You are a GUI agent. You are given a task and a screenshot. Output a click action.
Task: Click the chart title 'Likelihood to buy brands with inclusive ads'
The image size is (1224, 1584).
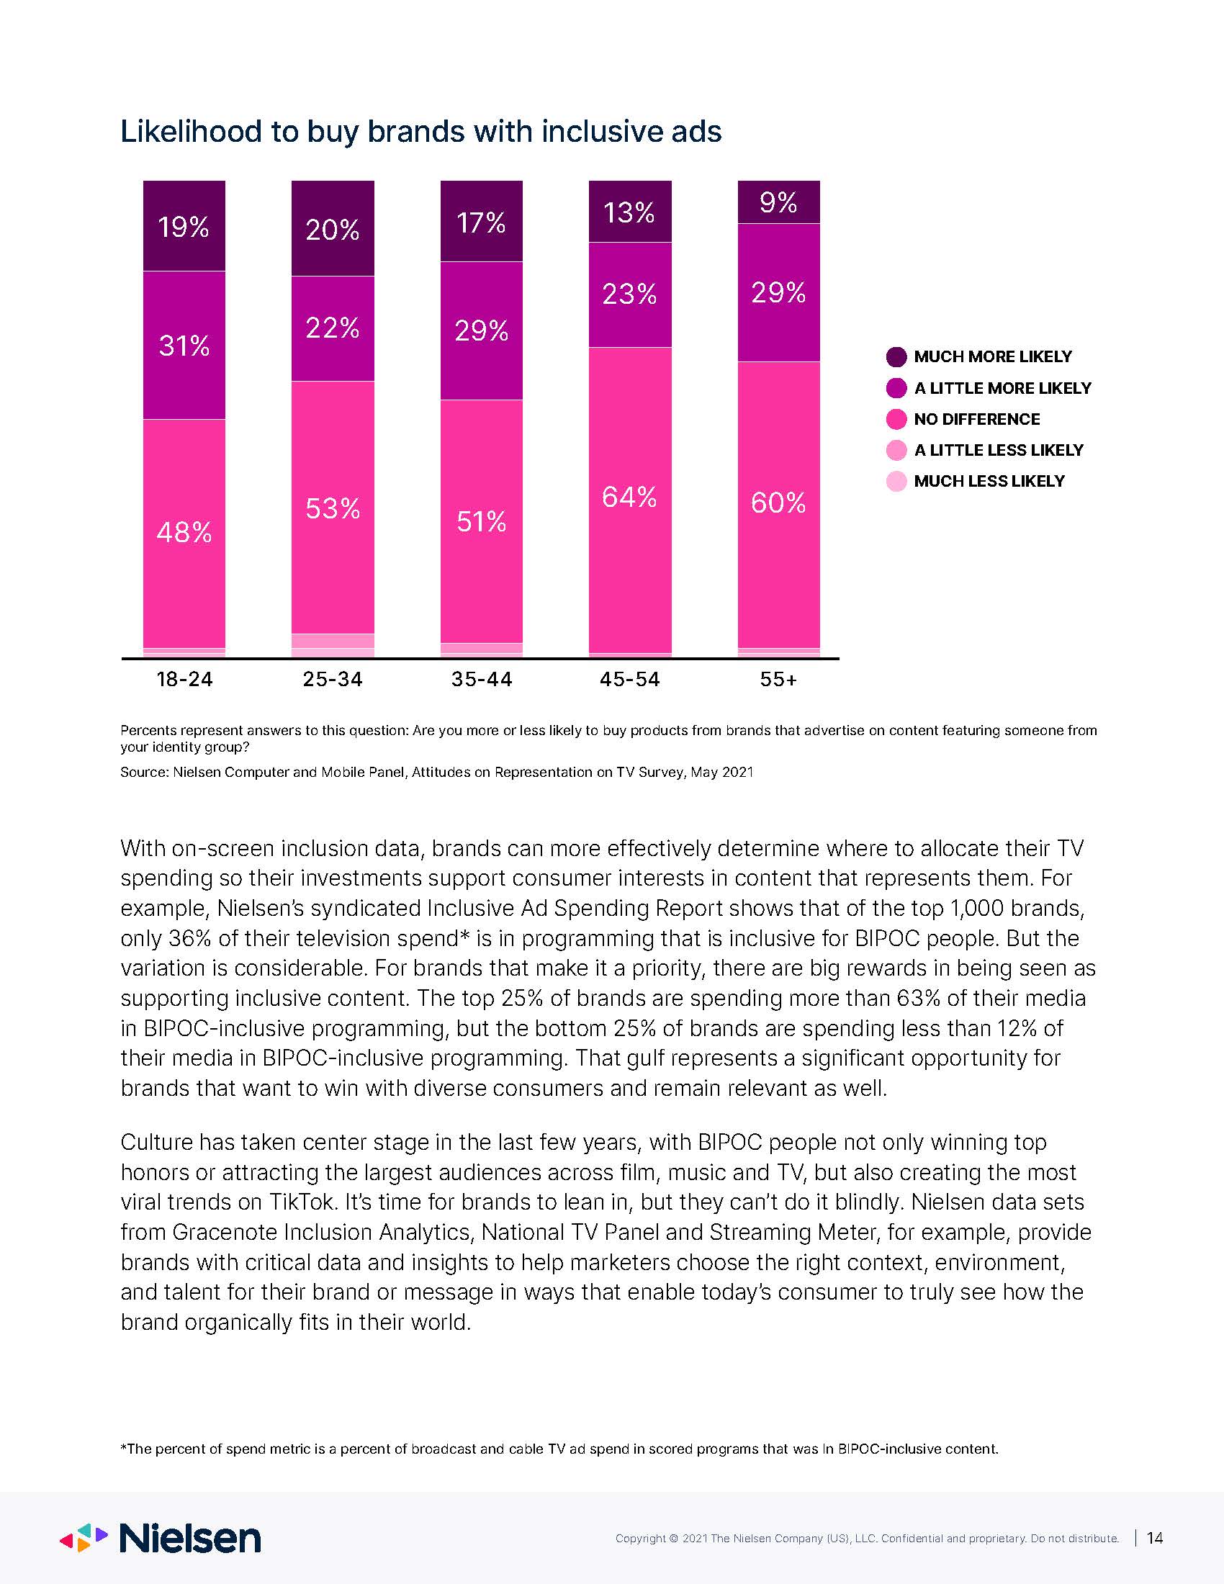coord(420,132)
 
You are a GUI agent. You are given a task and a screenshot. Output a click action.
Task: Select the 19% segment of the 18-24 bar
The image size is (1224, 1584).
coord(184,225)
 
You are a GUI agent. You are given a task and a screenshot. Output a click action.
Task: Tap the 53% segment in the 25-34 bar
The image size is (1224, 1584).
coord(333,508)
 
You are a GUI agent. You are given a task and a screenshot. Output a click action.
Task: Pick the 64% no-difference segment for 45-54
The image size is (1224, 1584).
coord(630,500)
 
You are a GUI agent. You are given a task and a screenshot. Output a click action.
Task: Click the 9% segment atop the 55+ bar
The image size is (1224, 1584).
coord(779,202)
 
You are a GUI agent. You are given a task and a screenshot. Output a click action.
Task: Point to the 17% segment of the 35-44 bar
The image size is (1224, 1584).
coord(482,221)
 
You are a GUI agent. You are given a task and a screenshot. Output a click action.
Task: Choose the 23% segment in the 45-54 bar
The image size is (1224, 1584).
coord(630,294)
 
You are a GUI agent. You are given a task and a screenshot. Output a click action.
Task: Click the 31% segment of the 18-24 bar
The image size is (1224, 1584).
coord(184,345)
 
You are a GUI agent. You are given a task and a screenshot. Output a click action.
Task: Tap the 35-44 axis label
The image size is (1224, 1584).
coord(482,680)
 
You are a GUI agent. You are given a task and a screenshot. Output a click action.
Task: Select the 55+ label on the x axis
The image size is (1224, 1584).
coord(779,680)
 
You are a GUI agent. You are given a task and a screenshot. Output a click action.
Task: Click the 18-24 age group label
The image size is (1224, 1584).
coord(185,680)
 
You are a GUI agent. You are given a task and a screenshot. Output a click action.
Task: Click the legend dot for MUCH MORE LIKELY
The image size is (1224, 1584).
coord(897,357)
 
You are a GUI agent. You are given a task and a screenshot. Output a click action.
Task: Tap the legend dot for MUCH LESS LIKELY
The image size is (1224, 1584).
coord(897,482)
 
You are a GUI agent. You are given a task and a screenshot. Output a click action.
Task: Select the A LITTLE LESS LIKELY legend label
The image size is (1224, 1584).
coord(999,451)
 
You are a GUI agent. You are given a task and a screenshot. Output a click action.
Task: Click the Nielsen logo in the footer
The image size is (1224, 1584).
coord(161,1539)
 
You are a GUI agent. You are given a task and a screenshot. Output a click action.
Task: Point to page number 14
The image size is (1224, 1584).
coord(1155,1538)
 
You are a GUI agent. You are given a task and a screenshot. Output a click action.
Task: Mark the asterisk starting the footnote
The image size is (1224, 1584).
coord(123,1446)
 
